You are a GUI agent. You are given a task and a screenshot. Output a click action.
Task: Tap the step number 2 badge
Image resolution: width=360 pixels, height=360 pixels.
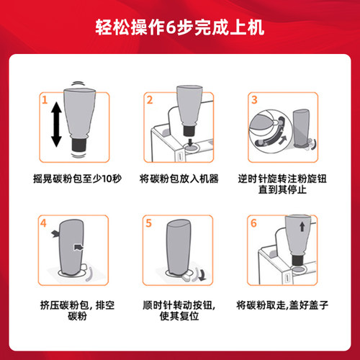(150, 99)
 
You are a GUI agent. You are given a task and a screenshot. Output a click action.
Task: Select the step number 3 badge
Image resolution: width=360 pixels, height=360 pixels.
(255, 99)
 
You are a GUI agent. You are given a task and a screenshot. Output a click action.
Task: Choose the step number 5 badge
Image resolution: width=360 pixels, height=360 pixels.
(150, 223)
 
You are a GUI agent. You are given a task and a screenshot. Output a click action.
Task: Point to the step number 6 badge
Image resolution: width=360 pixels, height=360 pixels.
(255, 223)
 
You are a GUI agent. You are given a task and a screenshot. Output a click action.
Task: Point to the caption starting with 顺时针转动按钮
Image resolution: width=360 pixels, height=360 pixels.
(180, 310)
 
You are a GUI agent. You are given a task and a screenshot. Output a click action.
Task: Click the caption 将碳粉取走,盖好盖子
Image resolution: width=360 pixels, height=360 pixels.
(284, 305)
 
